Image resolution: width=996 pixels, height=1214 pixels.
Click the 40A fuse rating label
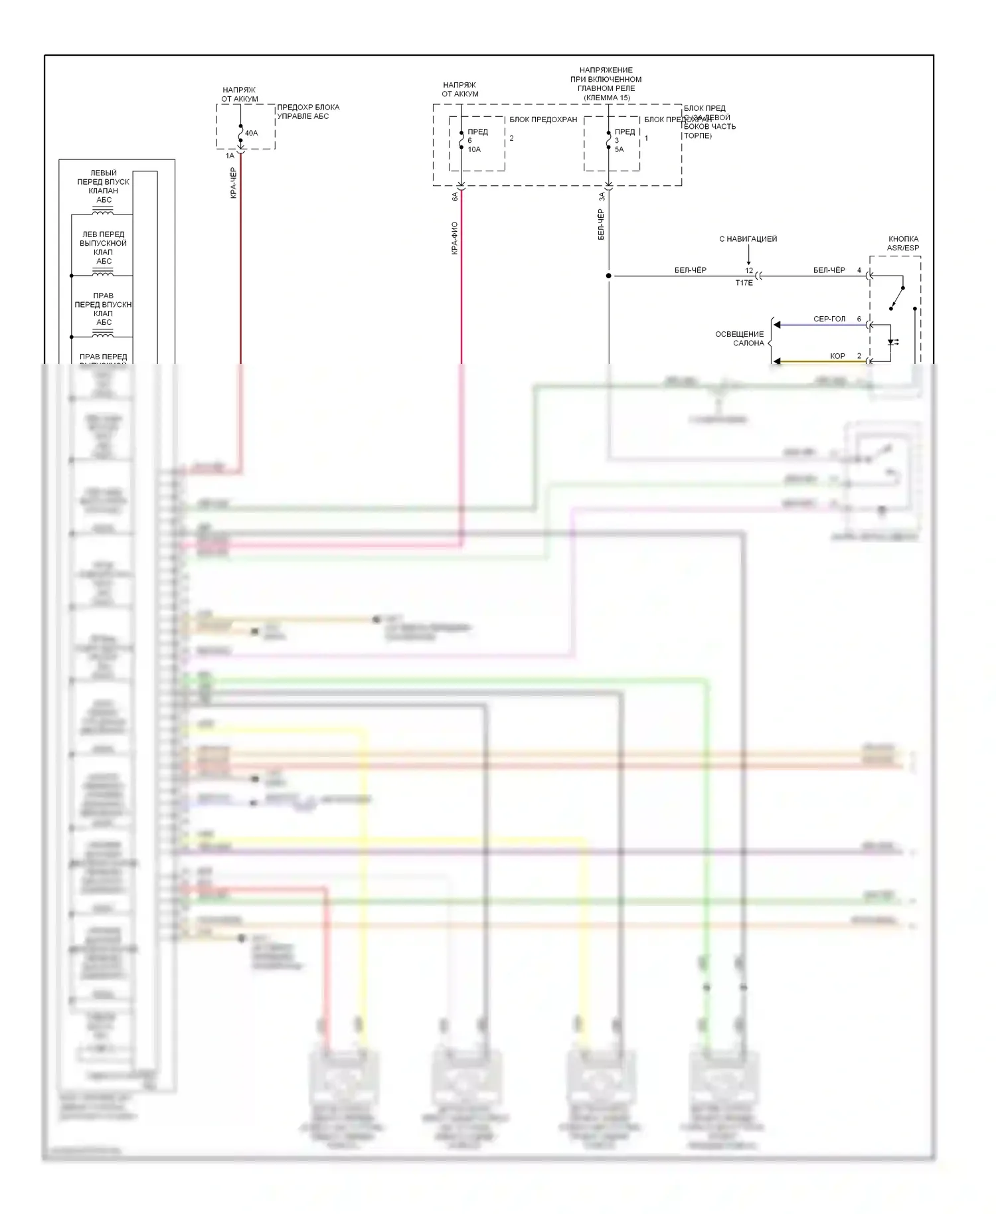(251, 133)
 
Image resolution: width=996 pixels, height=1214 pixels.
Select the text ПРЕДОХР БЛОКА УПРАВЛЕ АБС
(307, 112)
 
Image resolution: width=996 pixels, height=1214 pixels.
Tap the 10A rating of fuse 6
(474, 149)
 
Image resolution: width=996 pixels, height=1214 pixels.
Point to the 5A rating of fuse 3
(619, 149)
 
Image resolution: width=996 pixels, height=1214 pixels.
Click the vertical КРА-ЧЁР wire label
(233, 183)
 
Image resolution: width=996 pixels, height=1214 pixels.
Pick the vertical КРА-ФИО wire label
(454, 238)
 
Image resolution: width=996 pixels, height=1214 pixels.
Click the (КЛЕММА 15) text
(606, 98)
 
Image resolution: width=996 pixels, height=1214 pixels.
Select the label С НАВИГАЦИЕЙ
(748, 239)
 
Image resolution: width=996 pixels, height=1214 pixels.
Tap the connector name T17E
(744, 283)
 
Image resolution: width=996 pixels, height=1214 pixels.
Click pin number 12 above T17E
(749, 271)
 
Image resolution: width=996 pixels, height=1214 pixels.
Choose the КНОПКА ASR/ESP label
(903, 243)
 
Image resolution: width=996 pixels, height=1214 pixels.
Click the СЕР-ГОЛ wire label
(829, 319)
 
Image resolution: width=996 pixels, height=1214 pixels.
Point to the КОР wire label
(837, 356)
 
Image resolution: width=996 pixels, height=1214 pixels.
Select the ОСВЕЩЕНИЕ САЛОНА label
(739, 339)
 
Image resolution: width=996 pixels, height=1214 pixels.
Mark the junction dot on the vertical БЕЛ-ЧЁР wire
(608, 276)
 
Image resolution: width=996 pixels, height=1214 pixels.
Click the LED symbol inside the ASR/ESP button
(892, 343)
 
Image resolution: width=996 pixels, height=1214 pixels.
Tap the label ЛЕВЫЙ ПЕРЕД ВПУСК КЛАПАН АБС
(104, 186)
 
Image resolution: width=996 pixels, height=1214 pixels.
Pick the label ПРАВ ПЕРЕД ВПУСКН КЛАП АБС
(103, 309)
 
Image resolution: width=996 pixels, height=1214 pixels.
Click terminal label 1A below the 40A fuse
(230, 156)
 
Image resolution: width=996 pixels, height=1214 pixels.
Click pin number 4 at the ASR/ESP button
(859, 270)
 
